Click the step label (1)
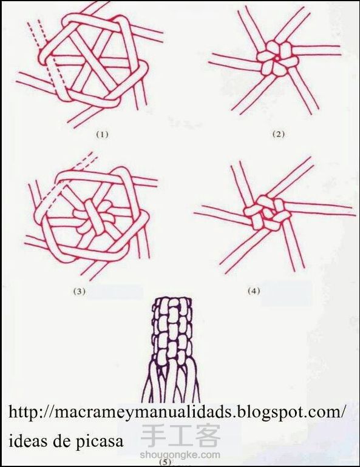coord(101,134)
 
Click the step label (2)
coord(279,134)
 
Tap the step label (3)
coord(80,291)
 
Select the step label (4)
coord(254,291)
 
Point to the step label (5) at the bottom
coord(165,463)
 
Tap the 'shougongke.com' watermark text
coord(180,455)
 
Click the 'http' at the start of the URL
coord(23,412)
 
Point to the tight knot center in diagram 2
coord(276,59)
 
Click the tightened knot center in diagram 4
coord(267,212)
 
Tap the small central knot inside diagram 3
coord(93,217)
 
